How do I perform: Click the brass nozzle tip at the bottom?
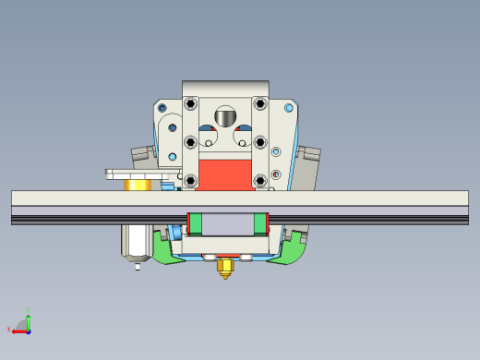[x=224, y=269]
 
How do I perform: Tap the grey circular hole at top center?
[x=225, y=117]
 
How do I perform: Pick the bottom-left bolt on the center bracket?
[x=190, y=180]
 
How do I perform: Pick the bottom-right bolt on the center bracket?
[x=260, y=180]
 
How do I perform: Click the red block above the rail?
[x=225, y=175]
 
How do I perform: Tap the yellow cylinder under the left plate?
[x=138, y=185]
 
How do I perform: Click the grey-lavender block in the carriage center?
[x=227, y=222]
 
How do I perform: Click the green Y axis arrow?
[x=29, y=316]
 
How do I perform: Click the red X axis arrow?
[x=18, y=330]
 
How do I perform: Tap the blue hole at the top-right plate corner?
[x=290, y=108]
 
